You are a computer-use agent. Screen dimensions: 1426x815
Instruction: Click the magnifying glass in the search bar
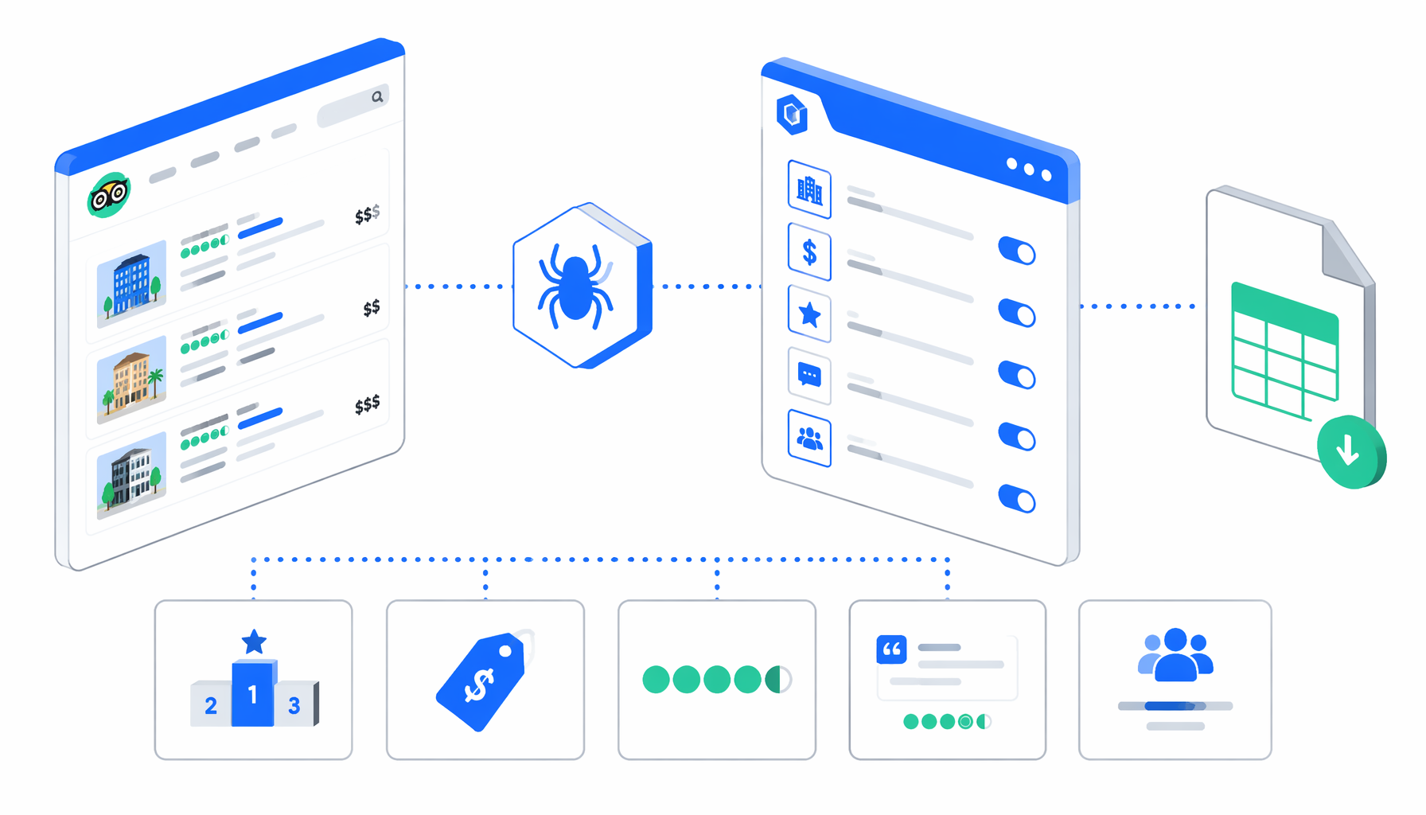click(377, 97)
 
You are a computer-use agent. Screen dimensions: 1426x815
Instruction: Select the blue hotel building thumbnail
click(131, 283)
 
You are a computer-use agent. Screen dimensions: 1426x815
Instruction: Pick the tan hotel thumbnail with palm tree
click(131, 380)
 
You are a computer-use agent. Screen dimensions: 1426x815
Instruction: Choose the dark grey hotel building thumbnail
click(131, 475)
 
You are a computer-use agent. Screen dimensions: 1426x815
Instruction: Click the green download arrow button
click(1350, 451)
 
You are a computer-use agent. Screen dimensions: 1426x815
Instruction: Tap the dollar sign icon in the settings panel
click(809, 252)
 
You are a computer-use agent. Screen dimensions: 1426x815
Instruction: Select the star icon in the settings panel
click(809, 314)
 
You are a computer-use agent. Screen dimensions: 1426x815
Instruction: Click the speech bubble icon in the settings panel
click(809, 376)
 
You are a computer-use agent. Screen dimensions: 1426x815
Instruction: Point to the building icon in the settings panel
click(809, 189)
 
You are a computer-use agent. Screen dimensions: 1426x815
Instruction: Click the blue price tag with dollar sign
click(481, 681)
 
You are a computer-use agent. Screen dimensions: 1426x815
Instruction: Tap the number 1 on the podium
click(253, 696)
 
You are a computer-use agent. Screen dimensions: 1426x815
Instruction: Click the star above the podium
click(254, 641)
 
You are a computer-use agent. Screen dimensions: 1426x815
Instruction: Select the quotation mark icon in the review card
click(891, 649)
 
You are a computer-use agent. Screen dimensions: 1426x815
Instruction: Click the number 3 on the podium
click(294, 706)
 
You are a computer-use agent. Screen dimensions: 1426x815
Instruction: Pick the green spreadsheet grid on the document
click(1284, 350)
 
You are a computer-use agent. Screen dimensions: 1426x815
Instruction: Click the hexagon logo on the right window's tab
click(792, 114)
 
